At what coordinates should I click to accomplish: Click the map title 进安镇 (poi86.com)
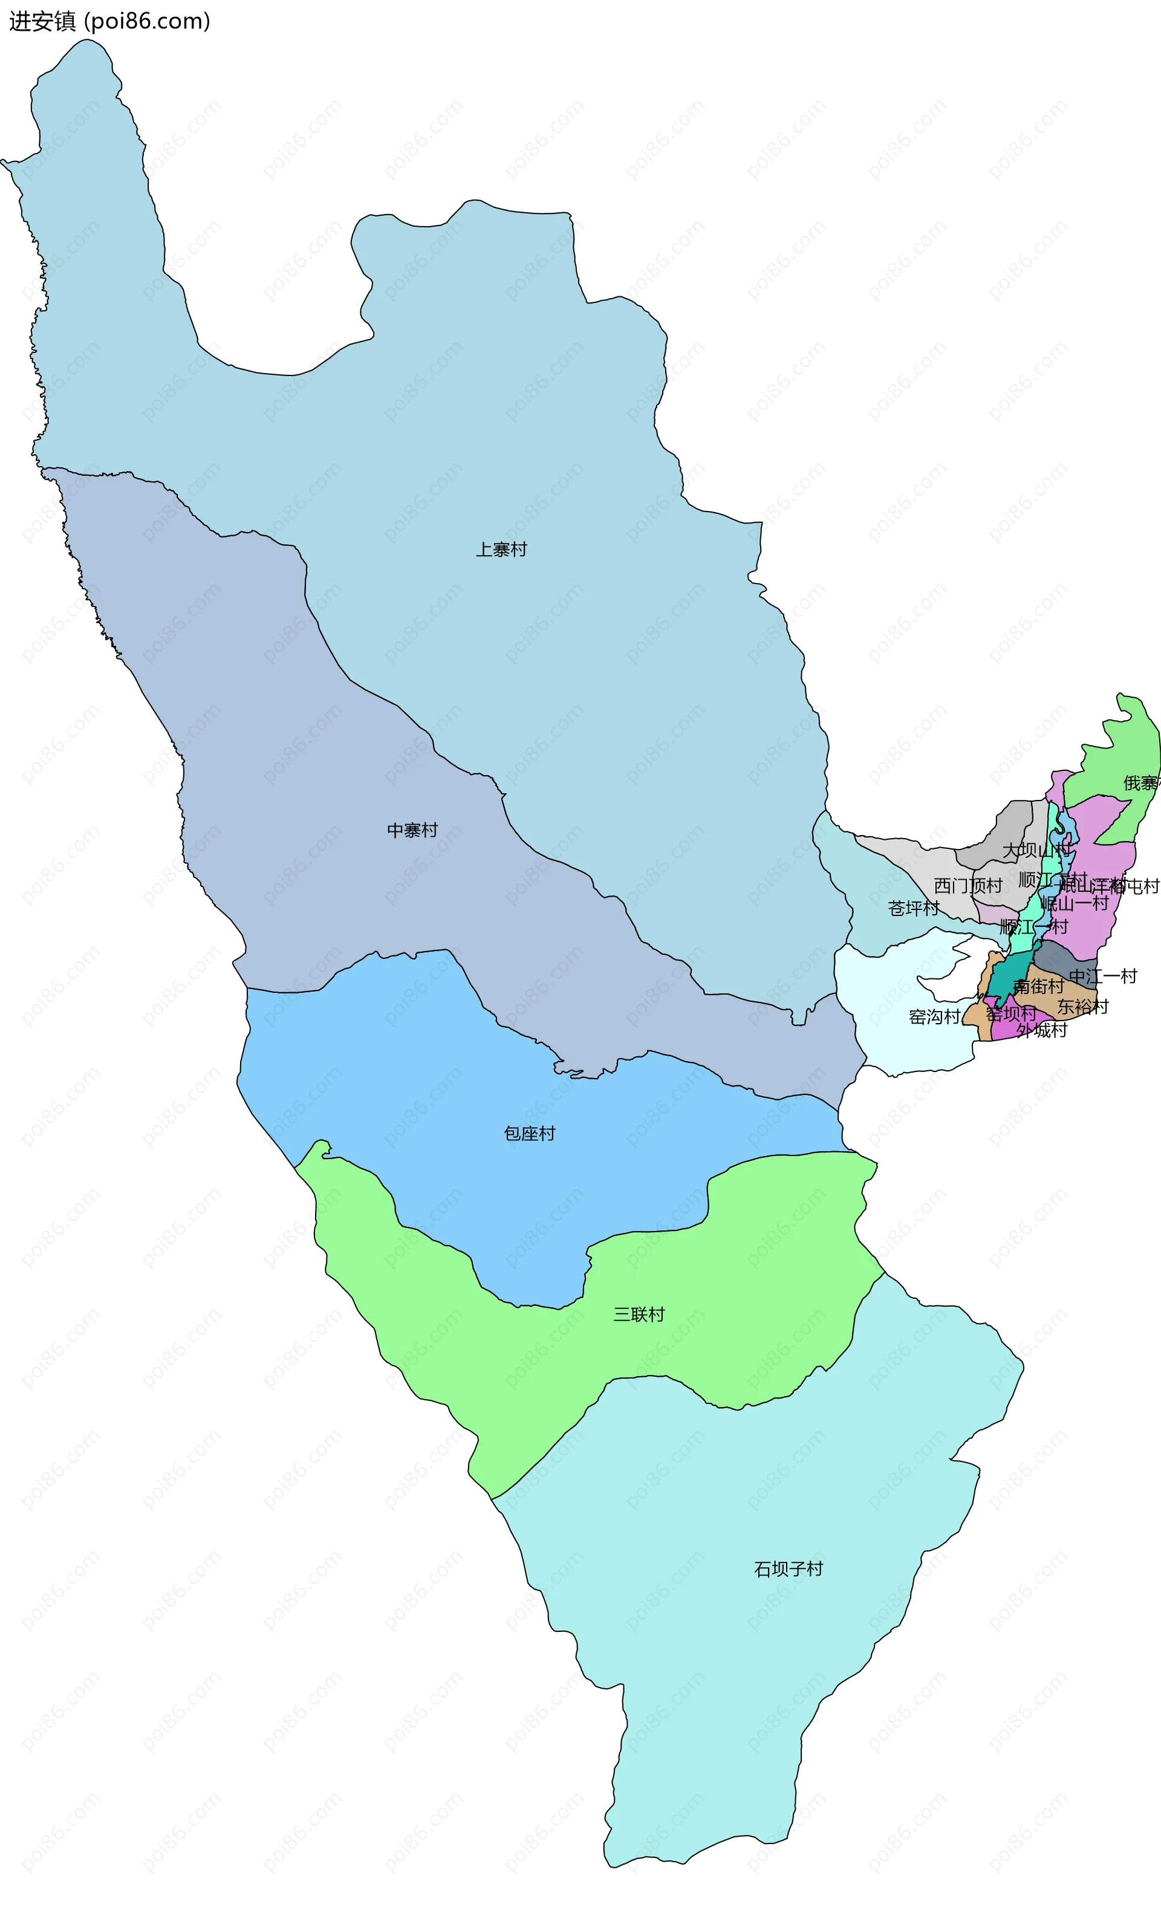[x=109, y=21]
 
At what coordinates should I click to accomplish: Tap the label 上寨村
[x=501, y=550]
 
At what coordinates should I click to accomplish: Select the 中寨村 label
[x=412, y=830]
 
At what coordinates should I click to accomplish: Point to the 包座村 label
[x=530, y=1134]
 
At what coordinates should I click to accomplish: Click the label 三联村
[x=639, y=1314]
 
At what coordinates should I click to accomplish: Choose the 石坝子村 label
[x=789, y=1569]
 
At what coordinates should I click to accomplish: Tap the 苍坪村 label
[x=913, y=909]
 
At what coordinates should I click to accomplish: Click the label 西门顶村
[x=968, y=885]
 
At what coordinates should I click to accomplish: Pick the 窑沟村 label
[x=934, y=1017]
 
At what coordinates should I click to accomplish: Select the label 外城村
[x=1042, y=1030]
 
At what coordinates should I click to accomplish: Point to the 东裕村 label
[x=1083, y=1007]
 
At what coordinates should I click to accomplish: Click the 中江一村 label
[x=1102, y=976]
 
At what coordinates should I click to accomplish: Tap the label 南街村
[x=1039, y=986]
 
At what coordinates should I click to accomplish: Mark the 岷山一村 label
[x=1075, y=903]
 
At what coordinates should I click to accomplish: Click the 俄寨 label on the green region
[x=1141, y=783]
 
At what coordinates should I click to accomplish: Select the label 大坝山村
[x=1036, y=851]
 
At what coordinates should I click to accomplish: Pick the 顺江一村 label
[x=1033, y=926]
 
